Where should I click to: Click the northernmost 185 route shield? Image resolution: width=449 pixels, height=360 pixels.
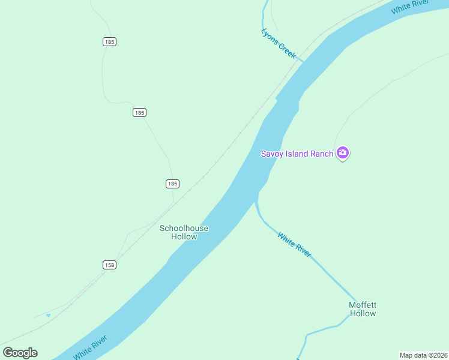[x=109, y=42]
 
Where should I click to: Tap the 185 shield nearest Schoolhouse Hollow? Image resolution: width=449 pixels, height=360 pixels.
[x=172, y=184]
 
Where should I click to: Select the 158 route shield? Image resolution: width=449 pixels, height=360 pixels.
[x=109, y=265]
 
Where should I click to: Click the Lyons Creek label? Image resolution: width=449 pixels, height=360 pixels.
[x=279, y=43]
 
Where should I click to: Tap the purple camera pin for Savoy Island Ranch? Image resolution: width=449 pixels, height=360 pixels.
[x=343, y=153]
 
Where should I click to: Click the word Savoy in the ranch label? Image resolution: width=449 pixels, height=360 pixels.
[x=271, y=154]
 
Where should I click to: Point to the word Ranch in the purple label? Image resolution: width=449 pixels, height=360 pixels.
[x=321, y=154]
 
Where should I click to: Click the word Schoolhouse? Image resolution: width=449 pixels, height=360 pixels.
[x=184, y=228]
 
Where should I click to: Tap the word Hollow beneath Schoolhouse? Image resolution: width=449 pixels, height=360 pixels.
[x=184, y=236]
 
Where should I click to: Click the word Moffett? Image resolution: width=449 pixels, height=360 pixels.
[x=363, y=305]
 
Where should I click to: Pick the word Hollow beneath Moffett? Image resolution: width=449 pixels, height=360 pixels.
[x=363, y=313]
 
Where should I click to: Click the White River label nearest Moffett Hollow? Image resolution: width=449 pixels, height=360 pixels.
[x=294, y=245]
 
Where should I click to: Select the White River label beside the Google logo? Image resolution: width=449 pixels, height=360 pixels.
[x=90, y=347]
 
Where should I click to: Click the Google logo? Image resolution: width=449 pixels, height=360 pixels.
[x=20, y=353]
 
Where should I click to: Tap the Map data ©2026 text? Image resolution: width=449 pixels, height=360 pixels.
[x=423, y=355]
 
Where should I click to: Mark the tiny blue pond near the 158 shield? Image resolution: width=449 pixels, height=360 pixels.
[x=49, y=315]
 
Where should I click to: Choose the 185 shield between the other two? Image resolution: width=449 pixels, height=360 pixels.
[x=139, y=113]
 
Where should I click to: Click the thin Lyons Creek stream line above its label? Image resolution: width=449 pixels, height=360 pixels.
[x=264, y=15]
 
